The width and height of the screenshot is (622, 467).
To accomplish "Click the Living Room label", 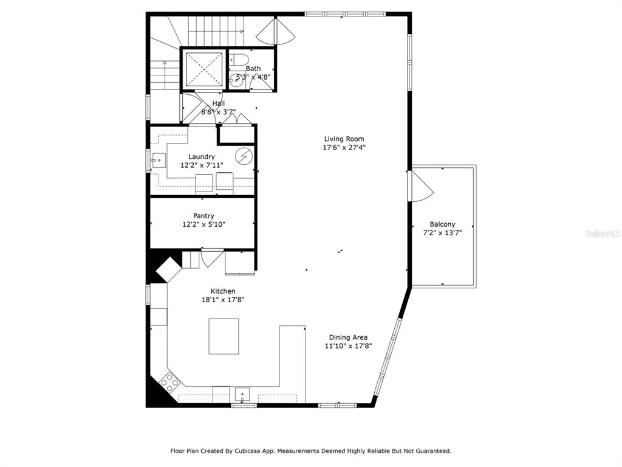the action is point(344,139).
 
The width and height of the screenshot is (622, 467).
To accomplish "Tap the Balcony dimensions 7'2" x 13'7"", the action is point(442,233).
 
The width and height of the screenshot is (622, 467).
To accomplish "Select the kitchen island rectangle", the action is point(224,336).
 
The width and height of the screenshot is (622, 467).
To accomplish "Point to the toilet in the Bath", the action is point(239,60).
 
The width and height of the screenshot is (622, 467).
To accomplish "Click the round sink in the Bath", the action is point(238,81).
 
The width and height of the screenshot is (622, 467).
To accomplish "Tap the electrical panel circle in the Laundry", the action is point(243,156).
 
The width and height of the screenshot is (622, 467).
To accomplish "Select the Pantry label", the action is point(203,216).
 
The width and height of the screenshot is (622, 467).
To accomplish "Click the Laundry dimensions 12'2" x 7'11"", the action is point(202,165).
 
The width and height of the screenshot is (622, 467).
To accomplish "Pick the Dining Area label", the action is point(348,337).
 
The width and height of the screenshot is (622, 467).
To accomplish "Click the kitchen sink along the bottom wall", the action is point(242,395).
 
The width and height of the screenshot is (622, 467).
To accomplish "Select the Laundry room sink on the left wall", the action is point(159,161).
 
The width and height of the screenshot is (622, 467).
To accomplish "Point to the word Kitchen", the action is point(223,291).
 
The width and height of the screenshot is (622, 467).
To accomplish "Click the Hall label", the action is point(219,103).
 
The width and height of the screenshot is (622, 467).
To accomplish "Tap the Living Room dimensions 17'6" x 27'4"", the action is point(344,148).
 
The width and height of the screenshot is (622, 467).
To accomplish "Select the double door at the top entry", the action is point(275,31).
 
